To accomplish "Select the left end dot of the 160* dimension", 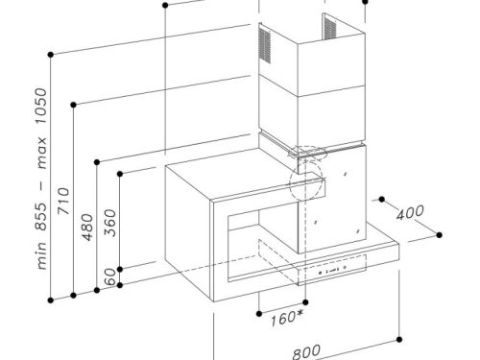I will click(261, 311).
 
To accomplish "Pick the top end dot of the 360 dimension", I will click(118, 174).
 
